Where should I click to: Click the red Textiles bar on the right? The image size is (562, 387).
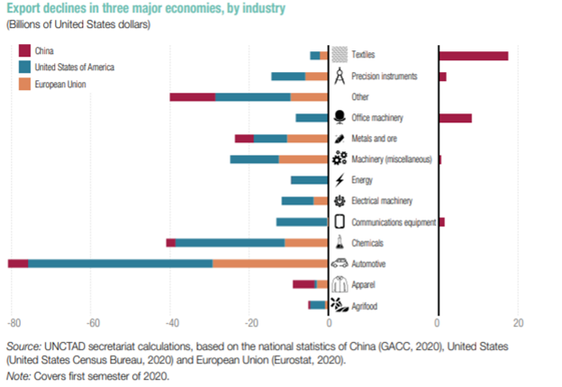[474, 56]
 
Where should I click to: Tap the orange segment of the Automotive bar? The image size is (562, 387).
[270, 264]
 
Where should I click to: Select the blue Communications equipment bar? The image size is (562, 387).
[302, 222]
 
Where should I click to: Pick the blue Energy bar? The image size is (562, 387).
[309, 180]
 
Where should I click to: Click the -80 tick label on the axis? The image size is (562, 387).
[14, 323]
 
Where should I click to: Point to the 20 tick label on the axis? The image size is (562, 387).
[516, 323]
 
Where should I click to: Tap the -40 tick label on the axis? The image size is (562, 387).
[171, 323]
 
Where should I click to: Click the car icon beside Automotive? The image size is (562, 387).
[340, 264]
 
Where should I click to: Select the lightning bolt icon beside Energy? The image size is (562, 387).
[340, 180]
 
